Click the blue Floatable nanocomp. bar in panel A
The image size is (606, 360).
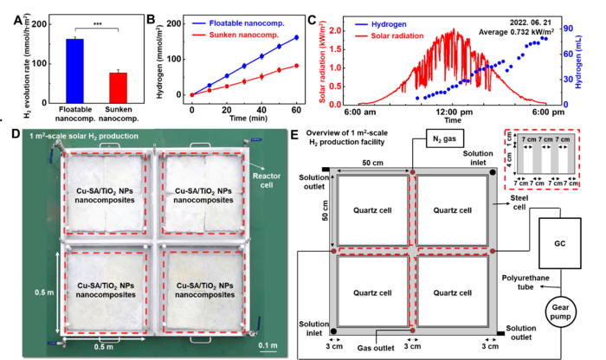click(75, 71)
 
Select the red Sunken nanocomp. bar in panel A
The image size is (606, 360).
click(119, 87)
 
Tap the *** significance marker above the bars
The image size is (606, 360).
click(97, 24)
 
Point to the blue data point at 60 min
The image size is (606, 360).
click(296, 37)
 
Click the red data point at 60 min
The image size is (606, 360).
click(296, 66)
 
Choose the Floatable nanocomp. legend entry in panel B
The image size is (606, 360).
click(238, 23)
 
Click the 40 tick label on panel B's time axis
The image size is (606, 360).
click(261, 110)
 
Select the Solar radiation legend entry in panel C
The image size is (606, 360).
click(390, 35)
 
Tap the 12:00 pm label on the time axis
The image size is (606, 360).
click(455, 112)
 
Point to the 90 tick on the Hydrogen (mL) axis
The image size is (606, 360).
click(568, 29)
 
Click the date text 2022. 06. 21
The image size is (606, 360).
click(530, 22)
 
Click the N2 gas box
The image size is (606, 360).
click(444, 138)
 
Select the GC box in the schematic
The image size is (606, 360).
click(559, 243)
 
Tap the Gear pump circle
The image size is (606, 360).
click(560, 312)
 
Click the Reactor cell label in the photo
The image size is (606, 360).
click(267, 180)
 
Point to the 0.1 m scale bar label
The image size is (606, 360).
click(268, 345)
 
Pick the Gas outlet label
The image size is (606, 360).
click(376, 348)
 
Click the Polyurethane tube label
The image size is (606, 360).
click(525, 282)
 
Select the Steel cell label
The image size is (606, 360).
click(519, 202)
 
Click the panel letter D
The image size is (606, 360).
click(16, 134)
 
